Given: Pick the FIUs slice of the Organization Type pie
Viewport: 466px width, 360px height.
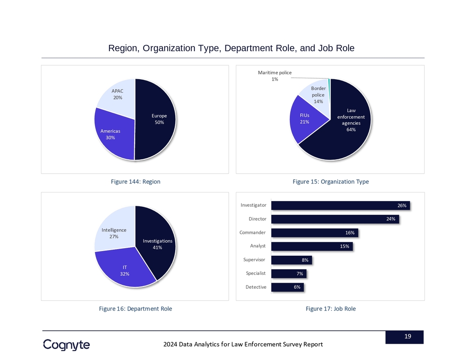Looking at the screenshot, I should pos(305,119).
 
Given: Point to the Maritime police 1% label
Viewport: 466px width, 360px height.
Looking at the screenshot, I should pos(275,76).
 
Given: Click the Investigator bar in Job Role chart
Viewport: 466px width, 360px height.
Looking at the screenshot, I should pos(340,205).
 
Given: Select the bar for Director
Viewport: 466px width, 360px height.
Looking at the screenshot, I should pos(336,219).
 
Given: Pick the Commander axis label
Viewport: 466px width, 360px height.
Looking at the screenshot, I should pos(252,232).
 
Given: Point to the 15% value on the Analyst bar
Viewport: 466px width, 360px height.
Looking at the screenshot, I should pos(345,246).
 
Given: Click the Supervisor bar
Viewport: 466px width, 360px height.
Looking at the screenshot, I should pos(291,260).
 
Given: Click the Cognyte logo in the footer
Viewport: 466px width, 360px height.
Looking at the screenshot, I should pos(67,345).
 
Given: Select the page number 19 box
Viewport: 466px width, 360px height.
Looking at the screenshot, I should pos(404,337).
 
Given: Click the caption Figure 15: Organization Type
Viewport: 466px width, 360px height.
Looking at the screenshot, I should pos(330,182).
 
